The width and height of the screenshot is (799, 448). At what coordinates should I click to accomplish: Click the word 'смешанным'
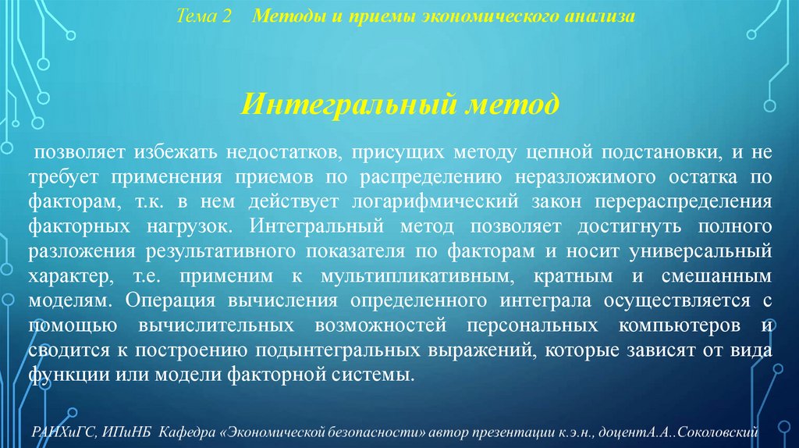pyautogui.click(x=720, y=278)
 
